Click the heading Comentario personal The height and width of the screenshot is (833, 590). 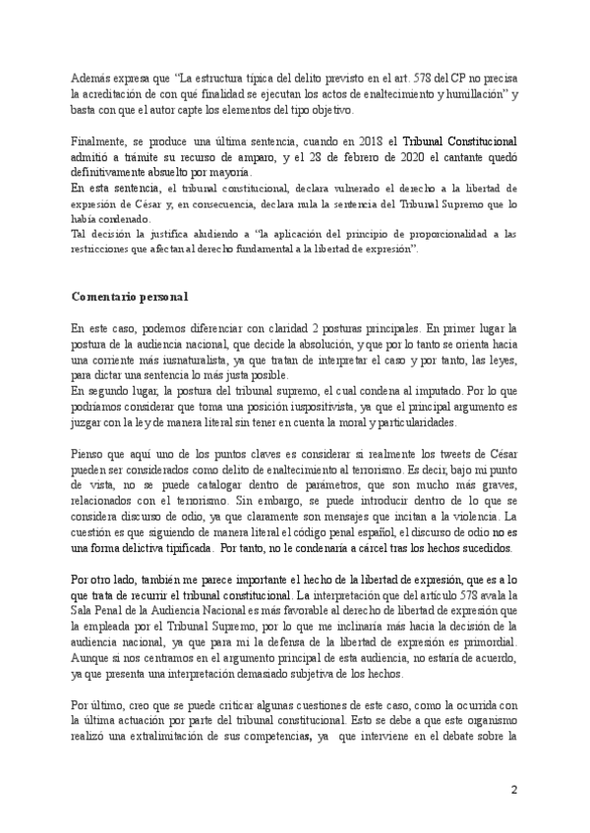(x=130, y=296)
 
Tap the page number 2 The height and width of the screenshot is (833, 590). (x=512, y=791)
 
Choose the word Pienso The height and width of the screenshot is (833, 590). (x=91, y=457)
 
